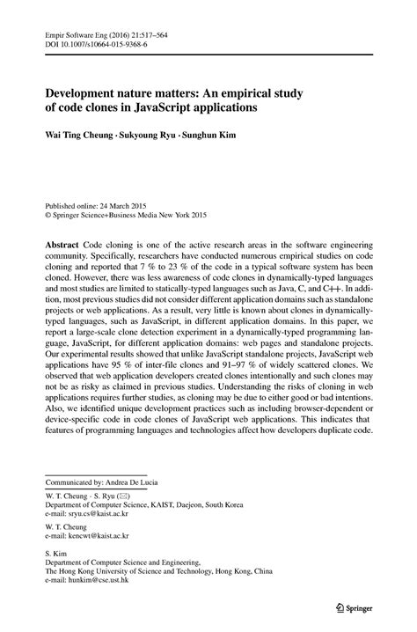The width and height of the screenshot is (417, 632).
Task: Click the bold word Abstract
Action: coord(64,242)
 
